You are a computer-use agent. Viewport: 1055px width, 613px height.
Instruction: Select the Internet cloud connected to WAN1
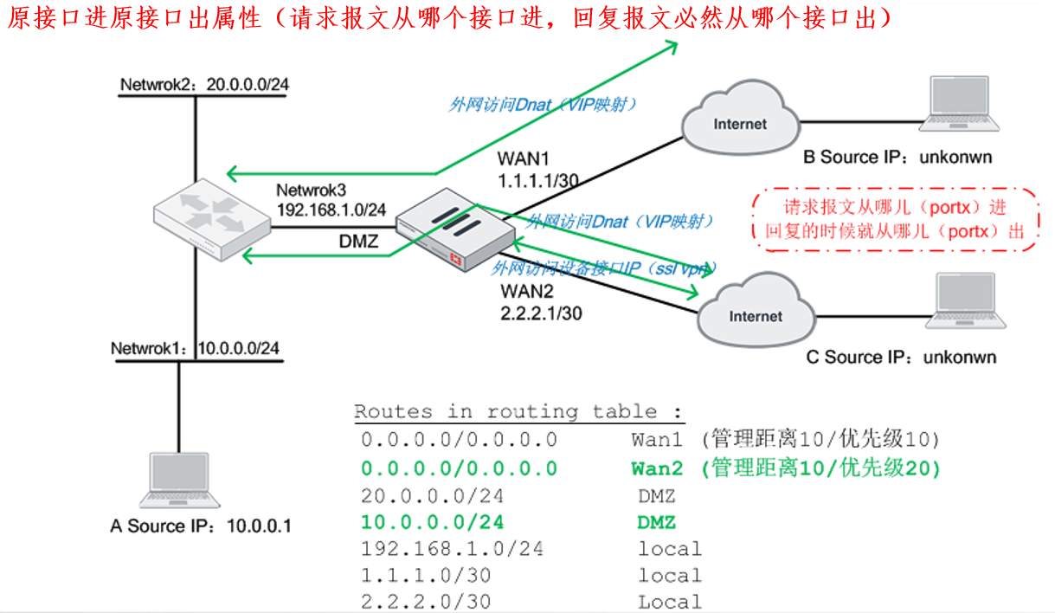click(739, 123)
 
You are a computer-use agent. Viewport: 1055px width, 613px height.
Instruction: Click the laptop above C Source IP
click(965, 303)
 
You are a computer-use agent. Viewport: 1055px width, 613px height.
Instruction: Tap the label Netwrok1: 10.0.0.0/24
click(196, 348)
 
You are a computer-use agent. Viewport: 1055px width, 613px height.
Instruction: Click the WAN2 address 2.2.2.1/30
click(541, 313)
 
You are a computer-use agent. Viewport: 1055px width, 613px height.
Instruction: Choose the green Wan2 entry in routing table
click(657, 468)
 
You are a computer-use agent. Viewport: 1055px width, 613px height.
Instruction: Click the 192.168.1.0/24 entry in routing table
click(452, 549)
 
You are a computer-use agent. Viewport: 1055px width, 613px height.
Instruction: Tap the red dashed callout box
click(896, 220)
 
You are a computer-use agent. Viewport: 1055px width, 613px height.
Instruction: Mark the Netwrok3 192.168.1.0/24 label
click(331, 200)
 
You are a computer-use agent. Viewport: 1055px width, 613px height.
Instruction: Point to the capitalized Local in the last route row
click(670, 602)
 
